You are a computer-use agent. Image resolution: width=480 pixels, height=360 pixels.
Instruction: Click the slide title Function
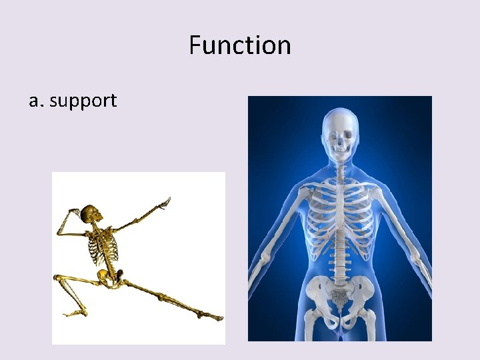coord(239,45)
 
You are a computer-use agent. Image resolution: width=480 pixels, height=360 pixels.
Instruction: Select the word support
coord(83,101)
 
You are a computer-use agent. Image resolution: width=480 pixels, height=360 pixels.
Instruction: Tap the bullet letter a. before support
coord(36,101)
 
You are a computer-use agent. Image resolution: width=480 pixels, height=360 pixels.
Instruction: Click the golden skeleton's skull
coord(90,215)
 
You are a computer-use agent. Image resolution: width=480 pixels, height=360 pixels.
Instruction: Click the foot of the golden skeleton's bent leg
coord(73,311)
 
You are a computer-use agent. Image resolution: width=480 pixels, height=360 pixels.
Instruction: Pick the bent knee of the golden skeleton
coord(58,277)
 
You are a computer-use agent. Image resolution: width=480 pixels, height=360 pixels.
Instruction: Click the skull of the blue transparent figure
coord(340,133)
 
